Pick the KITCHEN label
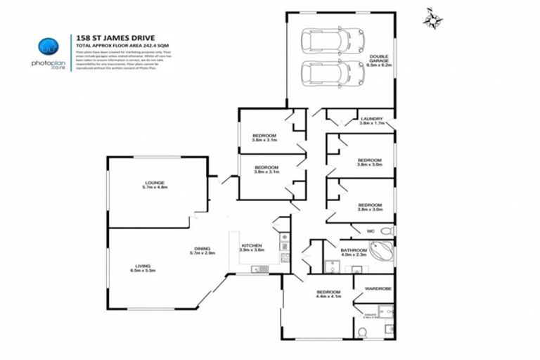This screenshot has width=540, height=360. (251, 247)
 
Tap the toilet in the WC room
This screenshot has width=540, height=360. (386, 231)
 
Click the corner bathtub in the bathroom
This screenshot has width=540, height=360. (382, 251)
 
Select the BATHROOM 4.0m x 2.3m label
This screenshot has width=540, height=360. (354, 252)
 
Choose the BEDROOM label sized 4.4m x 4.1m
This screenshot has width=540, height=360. (328, 295)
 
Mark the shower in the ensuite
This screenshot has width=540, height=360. (383, 311)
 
